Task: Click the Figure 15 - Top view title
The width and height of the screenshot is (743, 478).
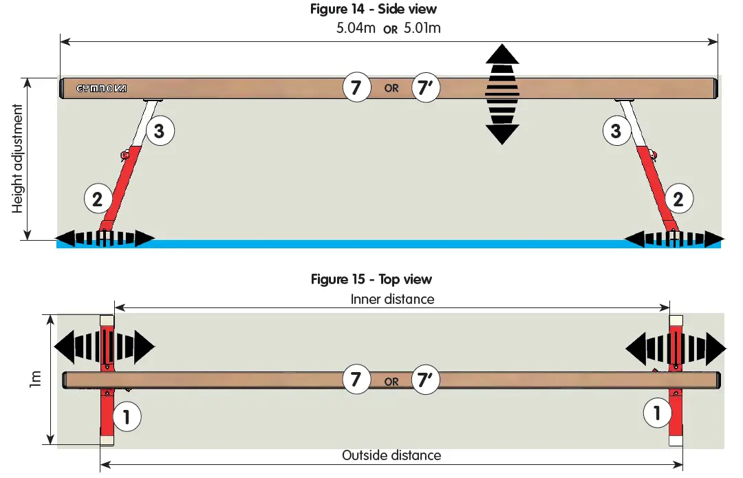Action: (x=371, y=279)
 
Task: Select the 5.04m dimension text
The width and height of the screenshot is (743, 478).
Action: (x=356, y=29)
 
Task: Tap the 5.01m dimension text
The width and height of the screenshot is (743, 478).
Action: (x=422, y=29)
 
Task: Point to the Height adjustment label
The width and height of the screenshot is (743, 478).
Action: (x=18, y=160)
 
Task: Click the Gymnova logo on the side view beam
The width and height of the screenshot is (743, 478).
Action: (x=100, y=89)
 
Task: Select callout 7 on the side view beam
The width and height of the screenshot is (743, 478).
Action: (x=356, y=88)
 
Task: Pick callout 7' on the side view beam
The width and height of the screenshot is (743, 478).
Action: (x=425, y=88)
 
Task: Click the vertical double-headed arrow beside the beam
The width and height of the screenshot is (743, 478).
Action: (x=502, y=94)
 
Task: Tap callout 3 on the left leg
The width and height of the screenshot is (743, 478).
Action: (x=159, y=131)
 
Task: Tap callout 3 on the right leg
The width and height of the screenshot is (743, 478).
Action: (x=616, y=131)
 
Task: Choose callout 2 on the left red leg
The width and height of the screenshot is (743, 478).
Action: (x=98, y=199)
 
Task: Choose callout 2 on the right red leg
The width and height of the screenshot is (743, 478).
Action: (x=678, y=199)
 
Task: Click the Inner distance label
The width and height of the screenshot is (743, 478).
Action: (x=392, y=299)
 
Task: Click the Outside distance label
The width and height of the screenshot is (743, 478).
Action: (x=391, y=455)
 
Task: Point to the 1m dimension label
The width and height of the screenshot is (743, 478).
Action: (x=36, y=379)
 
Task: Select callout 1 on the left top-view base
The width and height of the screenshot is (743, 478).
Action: (x=127, y=415)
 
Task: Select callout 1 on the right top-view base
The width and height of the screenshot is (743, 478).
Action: (x=657, y=413)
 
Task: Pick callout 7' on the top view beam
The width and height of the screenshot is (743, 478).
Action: (x=425, y=380)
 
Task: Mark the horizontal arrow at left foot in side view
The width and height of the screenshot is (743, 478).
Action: (x=105, y=239)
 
